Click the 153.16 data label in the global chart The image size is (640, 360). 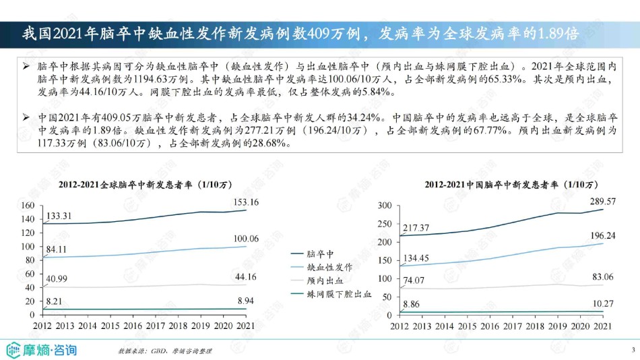point(245,202)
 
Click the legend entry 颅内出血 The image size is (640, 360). point(325,280)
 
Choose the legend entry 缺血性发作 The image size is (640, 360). point(329,266)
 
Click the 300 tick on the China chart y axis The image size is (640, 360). point(385,206)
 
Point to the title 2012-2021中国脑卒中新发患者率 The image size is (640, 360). point(511,184)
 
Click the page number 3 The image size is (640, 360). point(633,349)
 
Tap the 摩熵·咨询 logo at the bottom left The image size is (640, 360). point(42,349)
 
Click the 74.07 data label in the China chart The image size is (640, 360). point(415,280)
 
